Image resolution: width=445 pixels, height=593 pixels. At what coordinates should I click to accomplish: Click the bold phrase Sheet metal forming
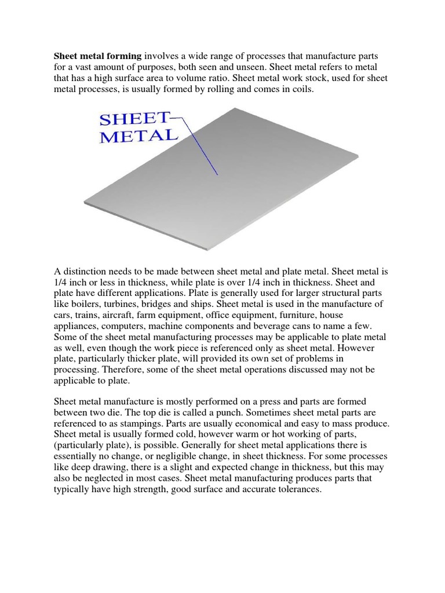pos(97,56)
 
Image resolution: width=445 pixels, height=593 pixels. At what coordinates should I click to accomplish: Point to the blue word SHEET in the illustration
pos(134,119)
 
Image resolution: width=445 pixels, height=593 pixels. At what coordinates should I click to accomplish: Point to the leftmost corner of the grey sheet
pos(82,197)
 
